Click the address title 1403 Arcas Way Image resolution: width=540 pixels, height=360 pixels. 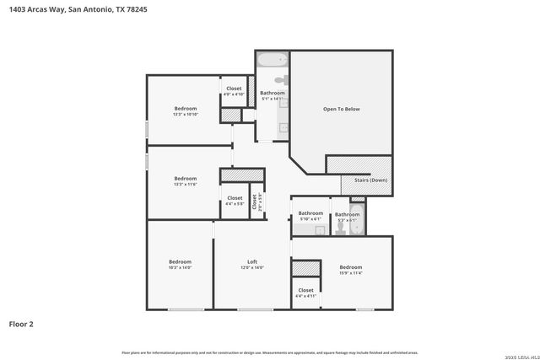[x=77, y=10]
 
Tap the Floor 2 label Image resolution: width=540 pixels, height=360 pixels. [x=21, y=323]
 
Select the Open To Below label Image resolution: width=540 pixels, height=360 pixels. [x=342, y=109]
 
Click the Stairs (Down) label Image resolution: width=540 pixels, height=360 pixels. [x=359, y=179]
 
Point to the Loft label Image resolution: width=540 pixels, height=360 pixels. [x=251, y=261]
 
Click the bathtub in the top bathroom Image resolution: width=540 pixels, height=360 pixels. [x=273, y=61]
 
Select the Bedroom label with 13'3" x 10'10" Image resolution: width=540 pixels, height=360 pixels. [x=186, y=108]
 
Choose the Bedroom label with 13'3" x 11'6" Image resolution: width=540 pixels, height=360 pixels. [x=186, y=178]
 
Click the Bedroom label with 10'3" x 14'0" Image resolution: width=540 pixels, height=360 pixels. [x=180, y=261]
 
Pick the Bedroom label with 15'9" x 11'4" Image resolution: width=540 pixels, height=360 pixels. [x=350, y=267]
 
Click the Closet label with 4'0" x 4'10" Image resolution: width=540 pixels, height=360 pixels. [x=234, y=88]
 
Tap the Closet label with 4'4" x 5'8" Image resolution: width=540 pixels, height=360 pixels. [x=234, y=200]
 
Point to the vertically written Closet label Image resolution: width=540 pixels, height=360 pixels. [x=254, y=202]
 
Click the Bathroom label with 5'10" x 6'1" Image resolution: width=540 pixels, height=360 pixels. [x=310, y=213]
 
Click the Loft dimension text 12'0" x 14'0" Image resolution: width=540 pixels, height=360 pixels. [x=251, y=268]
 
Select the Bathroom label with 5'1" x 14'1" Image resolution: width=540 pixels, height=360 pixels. [x=272, y=93]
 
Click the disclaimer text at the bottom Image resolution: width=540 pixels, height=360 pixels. [x=269, y=352]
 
